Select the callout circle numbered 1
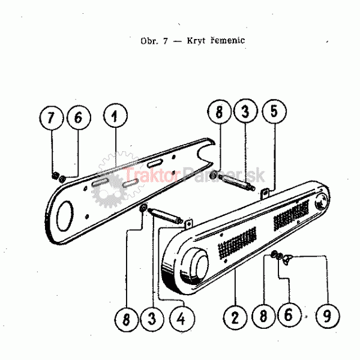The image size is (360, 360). [x=114, y=116]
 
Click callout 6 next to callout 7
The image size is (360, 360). [x=77, y=118]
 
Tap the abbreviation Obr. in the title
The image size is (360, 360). [x=149, y=41]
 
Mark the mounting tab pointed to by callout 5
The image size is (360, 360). [x=263, y=193]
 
